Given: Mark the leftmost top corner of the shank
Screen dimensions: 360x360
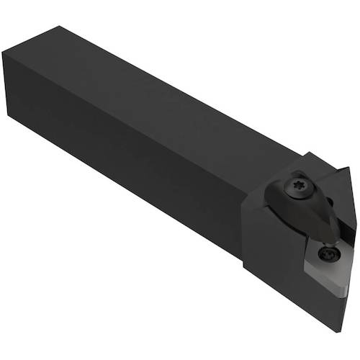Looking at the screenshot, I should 4,54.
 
